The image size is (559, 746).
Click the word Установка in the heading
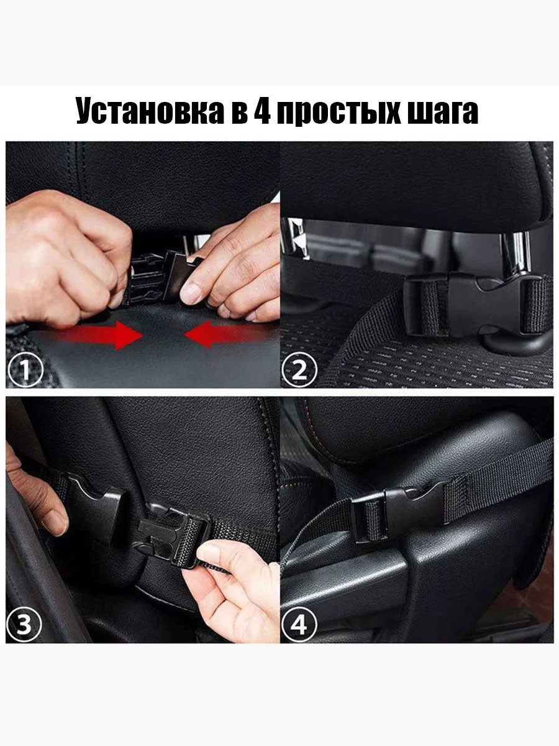(150, 111)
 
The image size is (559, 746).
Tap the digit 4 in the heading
(262, 111)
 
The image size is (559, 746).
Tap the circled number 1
(25, 370)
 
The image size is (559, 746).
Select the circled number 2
(299, 370)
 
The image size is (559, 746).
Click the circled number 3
(24, 625)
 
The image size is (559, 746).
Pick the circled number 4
(299, 625)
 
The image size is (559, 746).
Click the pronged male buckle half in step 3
(170, 537)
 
